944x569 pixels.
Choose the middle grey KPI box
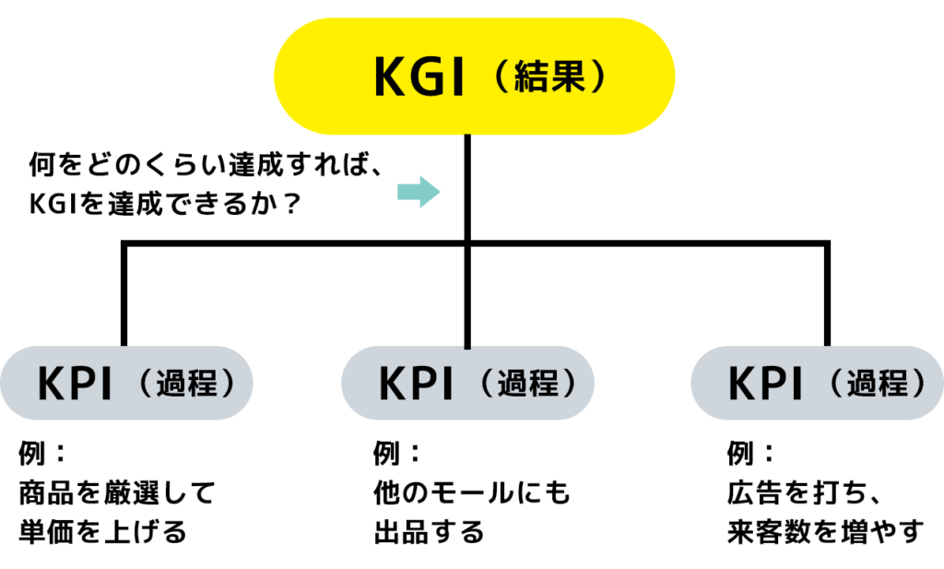[x=467, y=383]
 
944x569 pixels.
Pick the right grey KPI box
[x=817, y=383]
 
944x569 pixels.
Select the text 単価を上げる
[x=103, y=532]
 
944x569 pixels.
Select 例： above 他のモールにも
[x=397, y=454]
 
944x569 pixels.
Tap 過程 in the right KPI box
[x=880, y=383]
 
